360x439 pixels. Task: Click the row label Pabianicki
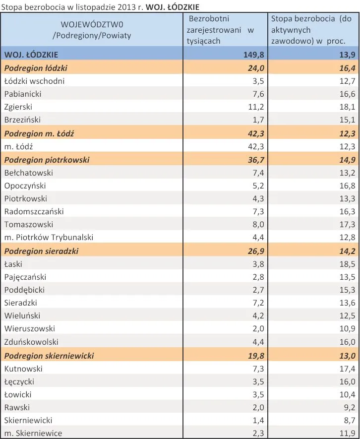(23, 94)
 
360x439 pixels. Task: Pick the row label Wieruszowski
(30, 328)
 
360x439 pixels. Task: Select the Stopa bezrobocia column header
(311, 30)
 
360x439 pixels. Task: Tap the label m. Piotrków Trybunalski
(49, 237)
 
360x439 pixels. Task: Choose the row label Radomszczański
(34, 211)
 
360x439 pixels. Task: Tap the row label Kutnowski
(23, 369)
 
